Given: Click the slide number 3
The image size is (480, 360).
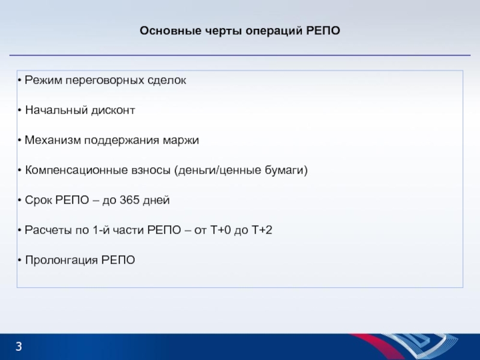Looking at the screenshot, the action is click(19, 347).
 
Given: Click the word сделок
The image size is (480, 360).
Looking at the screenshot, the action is click(167, 80).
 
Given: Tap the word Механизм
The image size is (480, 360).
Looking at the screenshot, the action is click(53, 140).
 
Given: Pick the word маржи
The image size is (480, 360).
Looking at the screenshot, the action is click(181, 140).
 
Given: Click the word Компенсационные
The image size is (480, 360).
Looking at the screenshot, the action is click(76, 170).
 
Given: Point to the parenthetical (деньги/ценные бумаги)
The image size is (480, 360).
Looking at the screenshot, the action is click(241, 170).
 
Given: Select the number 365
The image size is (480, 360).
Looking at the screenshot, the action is click(130, 200).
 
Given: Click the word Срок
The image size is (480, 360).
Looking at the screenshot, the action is click(38, 200).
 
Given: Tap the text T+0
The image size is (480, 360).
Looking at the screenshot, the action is click(220, 230).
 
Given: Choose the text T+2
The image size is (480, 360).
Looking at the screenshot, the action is click(262, 230).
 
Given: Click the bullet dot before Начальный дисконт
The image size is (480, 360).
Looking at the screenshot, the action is click(20, 110).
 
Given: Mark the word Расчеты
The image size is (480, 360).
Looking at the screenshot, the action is click(49, 230).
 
